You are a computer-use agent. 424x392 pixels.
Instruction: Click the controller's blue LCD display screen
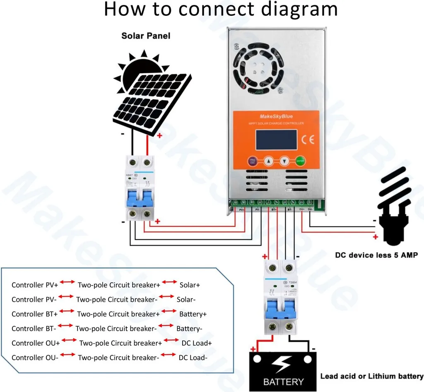point(276,140)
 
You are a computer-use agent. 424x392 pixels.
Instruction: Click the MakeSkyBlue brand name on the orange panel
point(276,116)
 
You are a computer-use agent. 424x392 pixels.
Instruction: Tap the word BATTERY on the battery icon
point(283,382)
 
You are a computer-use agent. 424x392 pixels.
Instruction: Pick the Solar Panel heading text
point(146,36)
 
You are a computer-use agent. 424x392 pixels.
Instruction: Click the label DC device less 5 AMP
point(376,255)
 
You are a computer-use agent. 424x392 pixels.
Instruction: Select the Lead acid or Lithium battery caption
point(371,376)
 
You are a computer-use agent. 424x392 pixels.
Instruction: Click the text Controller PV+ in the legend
point(35,285)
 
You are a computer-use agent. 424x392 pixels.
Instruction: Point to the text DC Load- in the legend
point(193,358)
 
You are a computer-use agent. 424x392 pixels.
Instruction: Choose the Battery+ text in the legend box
point(193,314)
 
